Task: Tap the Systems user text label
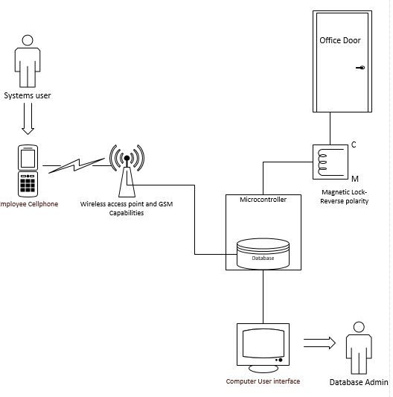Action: click(28, 95)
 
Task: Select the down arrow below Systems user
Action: click(28, 118)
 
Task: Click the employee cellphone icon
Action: click(28, 169)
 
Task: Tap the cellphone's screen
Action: click(28, 158)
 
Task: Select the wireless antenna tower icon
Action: click(127, 168)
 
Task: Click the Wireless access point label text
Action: click(126, 207)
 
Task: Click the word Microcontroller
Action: click(262, 200)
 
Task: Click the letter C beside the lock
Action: click(354, 144)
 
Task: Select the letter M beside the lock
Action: click(354, 180)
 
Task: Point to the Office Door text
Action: click(339, 40)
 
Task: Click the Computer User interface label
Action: click(263, 381)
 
